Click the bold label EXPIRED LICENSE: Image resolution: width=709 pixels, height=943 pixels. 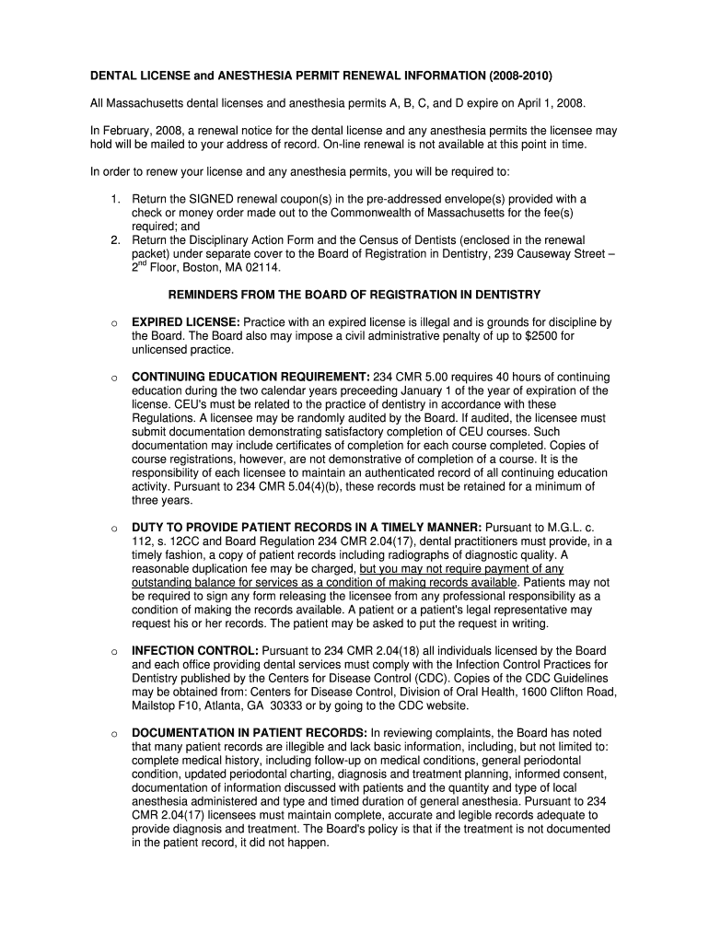click(x=186, y=322)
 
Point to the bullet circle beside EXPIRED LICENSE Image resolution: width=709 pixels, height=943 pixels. click(x=112, y=323)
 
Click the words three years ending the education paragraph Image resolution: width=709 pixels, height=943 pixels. click(x=162, y=500)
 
